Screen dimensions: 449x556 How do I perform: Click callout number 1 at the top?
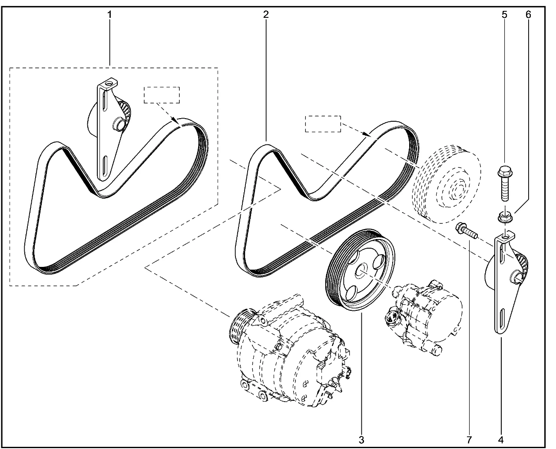click(x=110, y=14)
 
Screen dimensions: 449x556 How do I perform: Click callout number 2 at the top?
click(x=266, y=14)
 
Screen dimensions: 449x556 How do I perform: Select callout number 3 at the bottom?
click(x=361, y=439)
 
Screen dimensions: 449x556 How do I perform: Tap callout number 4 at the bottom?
click(x=501, y=439)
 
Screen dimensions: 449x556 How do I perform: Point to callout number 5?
click(x=504, y=14)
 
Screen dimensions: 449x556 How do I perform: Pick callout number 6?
click(x=528, y=14)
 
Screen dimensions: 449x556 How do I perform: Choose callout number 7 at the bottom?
click(x=468, y=439)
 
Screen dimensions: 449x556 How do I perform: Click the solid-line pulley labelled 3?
click(x=360, y=269)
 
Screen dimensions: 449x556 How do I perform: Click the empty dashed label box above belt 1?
click(x=162, y=95)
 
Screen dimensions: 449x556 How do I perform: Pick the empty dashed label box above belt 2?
click(x=323, y=124)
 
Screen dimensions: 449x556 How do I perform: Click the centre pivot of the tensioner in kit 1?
click(x=119, y=125)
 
